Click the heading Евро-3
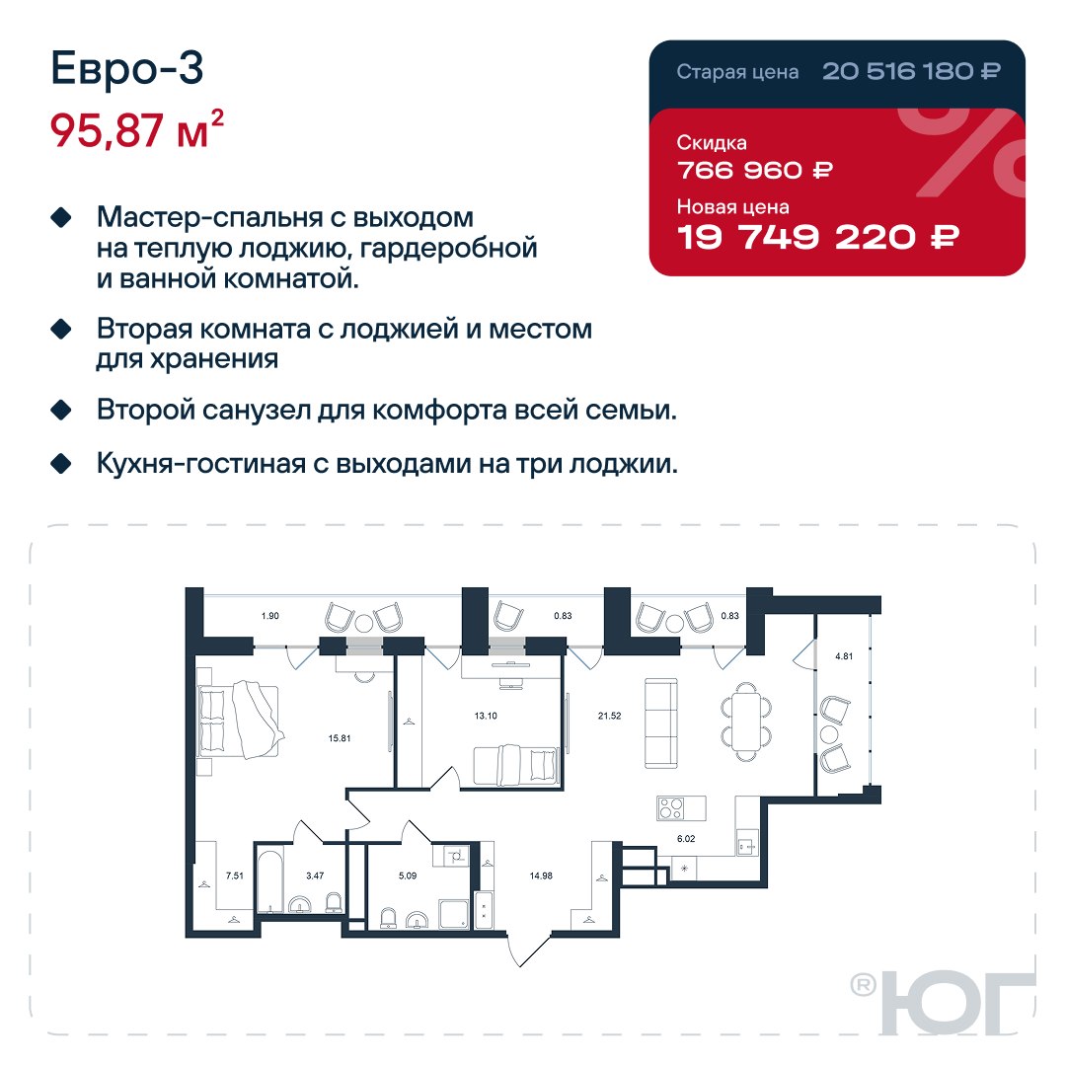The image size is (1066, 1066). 127,69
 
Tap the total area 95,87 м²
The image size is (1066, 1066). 136,129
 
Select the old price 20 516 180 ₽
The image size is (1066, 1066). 911,71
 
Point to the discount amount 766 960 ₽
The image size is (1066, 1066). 755,170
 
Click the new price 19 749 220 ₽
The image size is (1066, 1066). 818,237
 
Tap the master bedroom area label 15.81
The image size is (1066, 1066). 340,738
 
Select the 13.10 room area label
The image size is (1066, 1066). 486,716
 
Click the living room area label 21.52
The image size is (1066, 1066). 609,716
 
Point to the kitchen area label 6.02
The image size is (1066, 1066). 686,839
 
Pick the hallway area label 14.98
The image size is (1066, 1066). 541,876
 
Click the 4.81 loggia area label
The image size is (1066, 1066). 844,656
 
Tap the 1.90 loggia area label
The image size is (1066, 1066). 269,616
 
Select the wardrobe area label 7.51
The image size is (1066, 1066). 235,876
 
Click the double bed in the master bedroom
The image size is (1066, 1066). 239,721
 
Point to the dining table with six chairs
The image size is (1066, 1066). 746,722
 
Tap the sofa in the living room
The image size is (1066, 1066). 660,723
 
